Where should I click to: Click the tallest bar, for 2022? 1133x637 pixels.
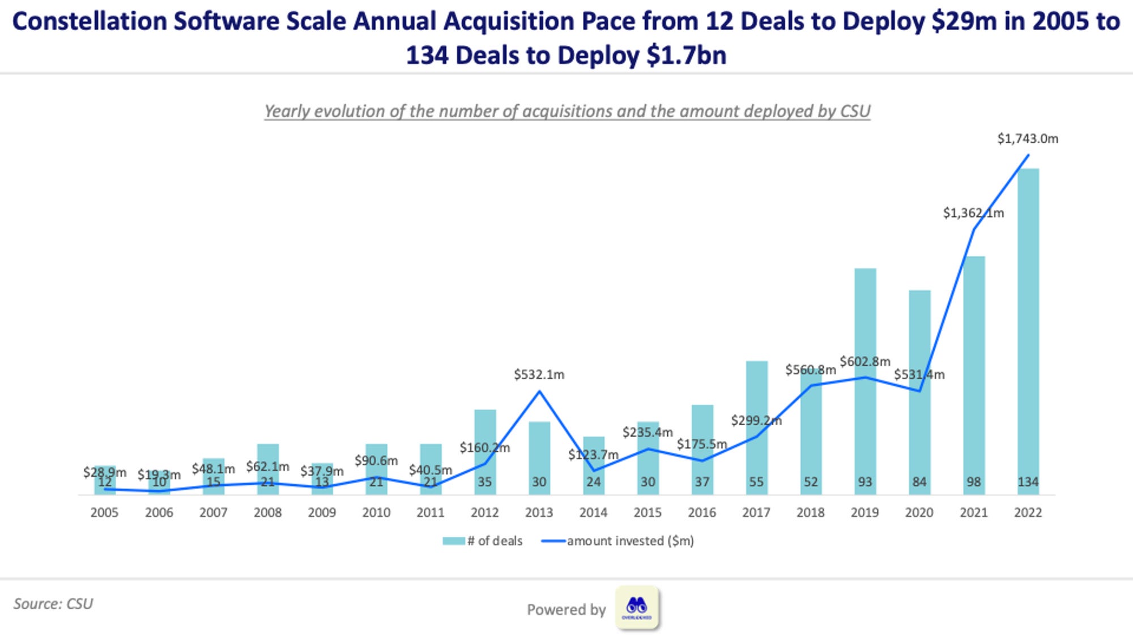1028,328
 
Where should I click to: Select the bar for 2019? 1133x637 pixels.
865,379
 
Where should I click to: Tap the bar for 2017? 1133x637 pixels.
756,425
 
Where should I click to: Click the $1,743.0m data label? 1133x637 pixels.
1028,139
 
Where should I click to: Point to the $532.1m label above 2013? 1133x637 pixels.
539,374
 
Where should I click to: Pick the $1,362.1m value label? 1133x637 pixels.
973,213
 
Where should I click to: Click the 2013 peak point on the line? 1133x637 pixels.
539,391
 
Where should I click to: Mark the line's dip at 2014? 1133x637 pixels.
594,471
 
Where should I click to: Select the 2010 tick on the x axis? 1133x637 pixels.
376,512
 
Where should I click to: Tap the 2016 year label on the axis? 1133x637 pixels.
702,512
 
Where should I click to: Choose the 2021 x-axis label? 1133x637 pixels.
973,512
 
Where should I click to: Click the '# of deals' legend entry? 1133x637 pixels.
483,541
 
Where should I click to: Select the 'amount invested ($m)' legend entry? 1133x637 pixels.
618,541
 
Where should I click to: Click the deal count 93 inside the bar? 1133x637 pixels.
864,482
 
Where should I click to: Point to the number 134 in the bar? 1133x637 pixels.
1028,482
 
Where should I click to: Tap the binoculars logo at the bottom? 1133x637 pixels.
637,608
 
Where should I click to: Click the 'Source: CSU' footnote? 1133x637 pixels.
53,604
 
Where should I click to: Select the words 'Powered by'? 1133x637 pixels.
566,609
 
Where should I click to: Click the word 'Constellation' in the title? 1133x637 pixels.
89,22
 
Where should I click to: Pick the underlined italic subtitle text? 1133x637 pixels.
566,111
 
